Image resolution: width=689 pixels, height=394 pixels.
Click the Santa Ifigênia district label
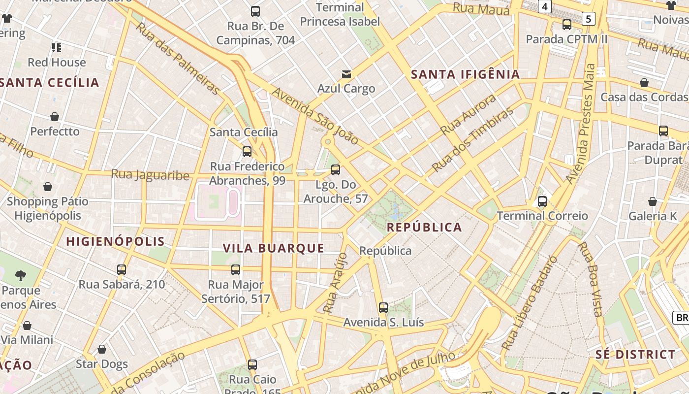(465, 74)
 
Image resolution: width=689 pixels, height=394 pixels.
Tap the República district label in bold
(424, 227)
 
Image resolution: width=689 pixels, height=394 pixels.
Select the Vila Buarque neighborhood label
(274, 248)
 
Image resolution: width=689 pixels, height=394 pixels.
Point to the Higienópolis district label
(116, 241)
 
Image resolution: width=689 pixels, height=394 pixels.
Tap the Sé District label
(635, 355)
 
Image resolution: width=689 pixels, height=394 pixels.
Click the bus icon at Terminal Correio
(542, 201)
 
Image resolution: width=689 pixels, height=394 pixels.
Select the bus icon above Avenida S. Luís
(383, 308)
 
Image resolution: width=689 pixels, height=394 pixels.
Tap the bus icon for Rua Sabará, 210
(122, 269)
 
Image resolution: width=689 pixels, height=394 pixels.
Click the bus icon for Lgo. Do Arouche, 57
(336, 170)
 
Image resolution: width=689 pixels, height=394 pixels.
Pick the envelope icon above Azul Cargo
(346, 74)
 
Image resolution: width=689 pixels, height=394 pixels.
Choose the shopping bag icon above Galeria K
(652, 201)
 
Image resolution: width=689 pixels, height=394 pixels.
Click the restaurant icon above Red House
(57, 48)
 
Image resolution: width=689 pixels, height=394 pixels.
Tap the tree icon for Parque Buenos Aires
(21, 275)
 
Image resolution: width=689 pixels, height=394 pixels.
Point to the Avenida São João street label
(315, 116)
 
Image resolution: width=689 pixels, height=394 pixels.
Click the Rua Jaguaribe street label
(150, 175)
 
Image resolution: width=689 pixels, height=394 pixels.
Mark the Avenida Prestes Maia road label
(582, 123)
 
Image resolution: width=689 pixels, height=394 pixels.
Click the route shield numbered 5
(588, 19)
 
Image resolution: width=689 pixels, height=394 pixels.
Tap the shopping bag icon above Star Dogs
(102, 349)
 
